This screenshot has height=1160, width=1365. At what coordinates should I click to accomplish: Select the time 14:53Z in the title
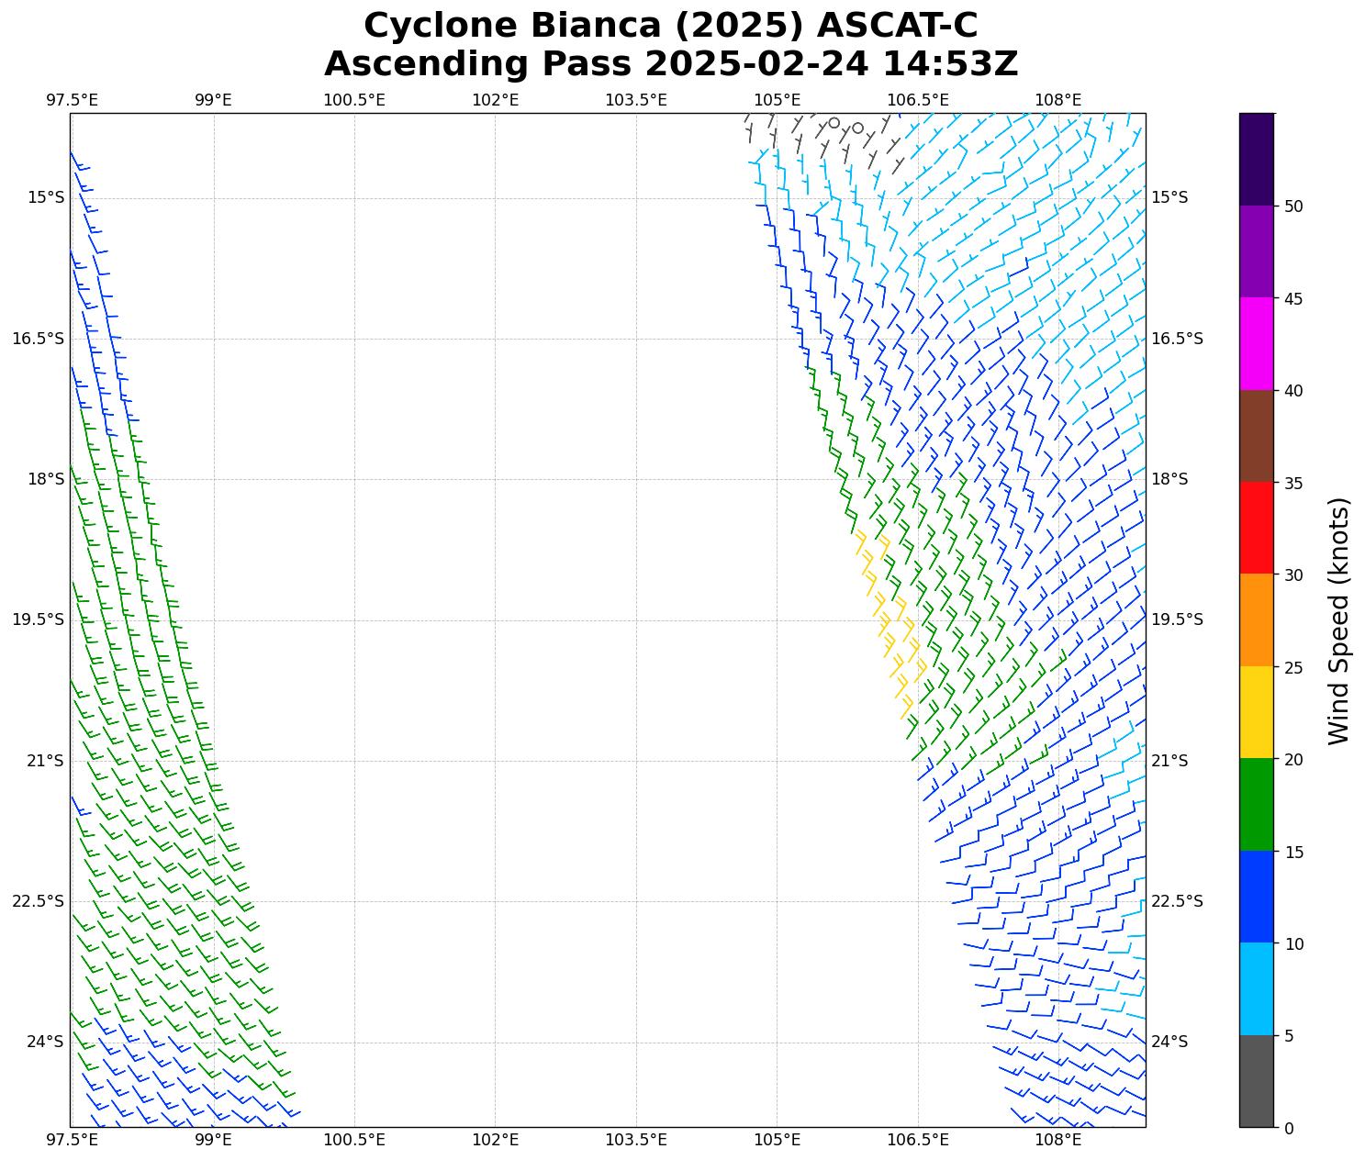point(950,64)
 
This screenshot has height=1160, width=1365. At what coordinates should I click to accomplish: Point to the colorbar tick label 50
point(1293,206)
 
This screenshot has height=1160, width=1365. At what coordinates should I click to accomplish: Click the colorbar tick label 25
point(1293,667)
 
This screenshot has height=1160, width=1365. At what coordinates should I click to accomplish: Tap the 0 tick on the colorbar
point(1289,1128)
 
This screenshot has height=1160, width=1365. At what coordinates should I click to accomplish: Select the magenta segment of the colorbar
point(1256,343)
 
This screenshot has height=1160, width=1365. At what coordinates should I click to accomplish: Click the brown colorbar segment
point(1256,436)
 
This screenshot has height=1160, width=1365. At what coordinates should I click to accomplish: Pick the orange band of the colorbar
point(1256,620)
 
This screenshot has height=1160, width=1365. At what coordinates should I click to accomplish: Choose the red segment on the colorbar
point(1256,528)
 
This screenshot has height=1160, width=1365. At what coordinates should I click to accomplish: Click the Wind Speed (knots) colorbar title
point(1339,620)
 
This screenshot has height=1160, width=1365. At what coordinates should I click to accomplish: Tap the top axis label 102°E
point(495,100)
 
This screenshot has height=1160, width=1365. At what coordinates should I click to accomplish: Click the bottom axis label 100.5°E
point(354,1140)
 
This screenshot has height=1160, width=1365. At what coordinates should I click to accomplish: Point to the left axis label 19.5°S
point(38,620)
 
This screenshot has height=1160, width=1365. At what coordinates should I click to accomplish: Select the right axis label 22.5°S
point(1177,901)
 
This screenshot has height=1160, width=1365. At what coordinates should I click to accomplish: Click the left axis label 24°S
point(45,1042)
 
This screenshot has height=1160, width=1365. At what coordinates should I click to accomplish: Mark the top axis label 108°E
point(1057,100)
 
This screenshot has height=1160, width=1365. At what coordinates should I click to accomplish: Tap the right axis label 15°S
point(1169,198)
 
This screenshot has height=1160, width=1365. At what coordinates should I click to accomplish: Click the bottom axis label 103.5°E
point(635,1140)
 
